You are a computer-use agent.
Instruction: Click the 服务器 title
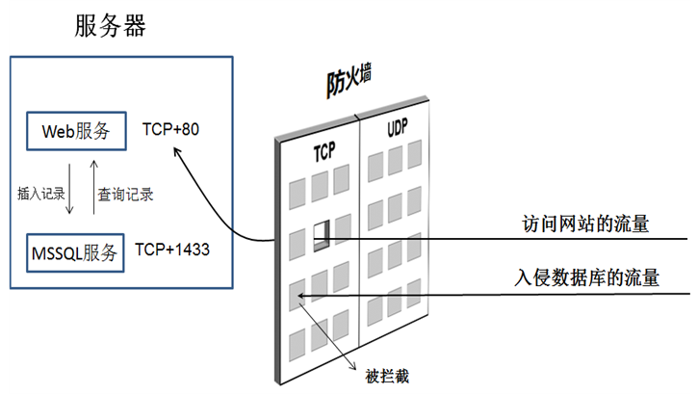tap(111, 26)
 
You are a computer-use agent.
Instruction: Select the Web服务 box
tap(76, 131)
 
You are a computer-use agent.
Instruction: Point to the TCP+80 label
tap(170, 128)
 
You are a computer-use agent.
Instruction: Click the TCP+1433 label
tap(172, 250)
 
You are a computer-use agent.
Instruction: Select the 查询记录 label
tap(126, 193)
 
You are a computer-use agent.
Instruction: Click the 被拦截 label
tap(388, 376)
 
